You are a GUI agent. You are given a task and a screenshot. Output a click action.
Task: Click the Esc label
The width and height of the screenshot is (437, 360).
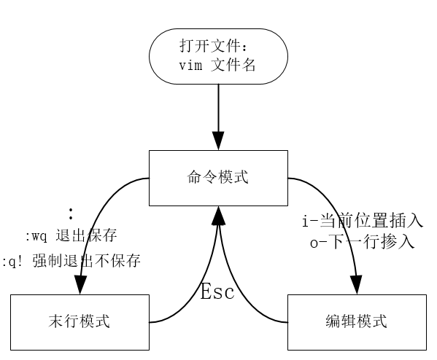pos(217,291)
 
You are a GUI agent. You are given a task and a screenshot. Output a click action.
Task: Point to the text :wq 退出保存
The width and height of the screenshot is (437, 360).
pos(71,235)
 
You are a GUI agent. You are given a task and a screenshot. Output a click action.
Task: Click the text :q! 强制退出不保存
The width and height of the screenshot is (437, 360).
pos(71,261)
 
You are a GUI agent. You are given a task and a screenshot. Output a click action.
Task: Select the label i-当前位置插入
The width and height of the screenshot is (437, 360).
pos(363,221)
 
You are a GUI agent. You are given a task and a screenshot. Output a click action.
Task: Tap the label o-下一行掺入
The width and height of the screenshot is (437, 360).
pos(363,242)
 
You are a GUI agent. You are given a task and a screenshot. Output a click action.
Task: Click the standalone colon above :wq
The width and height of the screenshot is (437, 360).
pos(71,214)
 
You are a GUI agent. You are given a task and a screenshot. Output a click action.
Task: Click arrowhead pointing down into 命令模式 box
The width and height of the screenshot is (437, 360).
pos(219,141)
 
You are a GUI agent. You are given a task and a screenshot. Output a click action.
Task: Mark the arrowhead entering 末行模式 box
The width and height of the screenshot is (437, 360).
pos(80,285)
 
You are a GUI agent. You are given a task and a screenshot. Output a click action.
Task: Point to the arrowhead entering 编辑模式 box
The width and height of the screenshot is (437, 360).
pos(356,285)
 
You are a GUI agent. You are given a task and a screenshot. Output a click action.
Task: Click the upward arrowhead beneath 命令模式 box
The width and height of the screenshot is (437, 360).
pos(219,215)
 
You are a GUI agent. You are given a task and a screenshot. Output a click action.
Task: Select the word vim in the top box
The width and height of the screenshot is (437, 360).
pos(190,66)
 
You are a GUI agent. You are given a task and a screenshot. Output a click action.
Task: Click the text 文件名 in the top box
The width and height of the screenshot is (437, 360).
pos(233,65)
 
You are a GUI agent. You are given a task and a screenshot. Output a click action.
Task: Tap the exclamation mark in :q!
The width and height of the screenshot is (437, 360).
pos(20,261)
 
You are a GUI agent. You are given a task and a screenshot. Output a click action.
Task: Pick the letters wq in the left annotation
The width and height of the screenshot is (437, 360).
pos(39,237)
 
